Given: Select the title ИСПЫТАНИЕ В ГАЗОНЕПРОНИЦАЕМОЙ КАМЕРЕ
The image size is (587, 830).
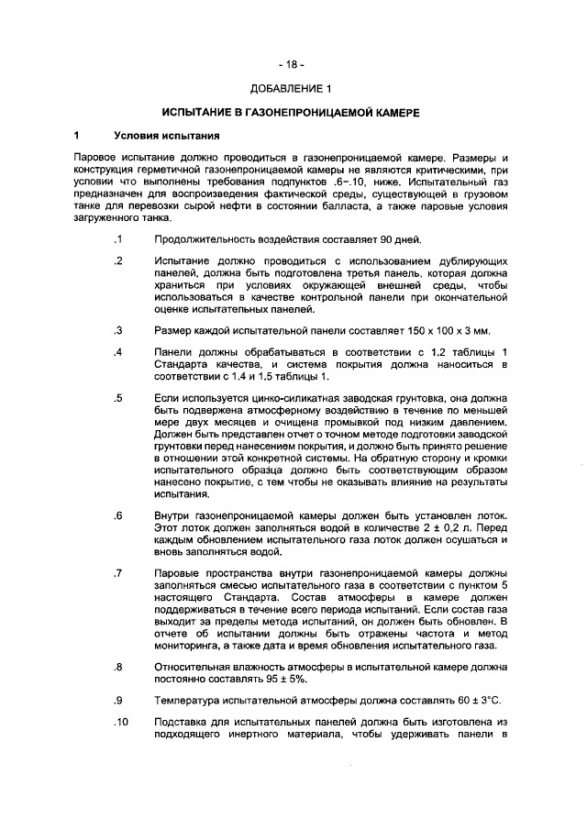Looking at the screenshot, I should [291, 113].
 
